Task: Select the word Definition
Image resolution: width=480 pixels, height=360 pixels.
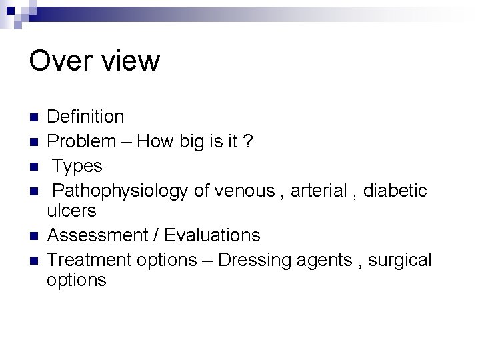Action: [x=86, y=117]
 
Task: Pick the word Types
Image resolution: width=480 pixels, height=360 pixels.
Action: [x=77, y=166]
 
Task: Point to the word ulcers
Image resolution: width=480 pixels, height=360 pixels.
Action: [x=71, y=211]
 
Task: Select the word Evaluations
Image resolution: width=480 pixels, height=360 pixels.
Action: [x=213, y=235]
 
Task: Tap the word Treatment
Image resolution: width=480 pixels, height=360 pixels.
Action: [x=89, y=259]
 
